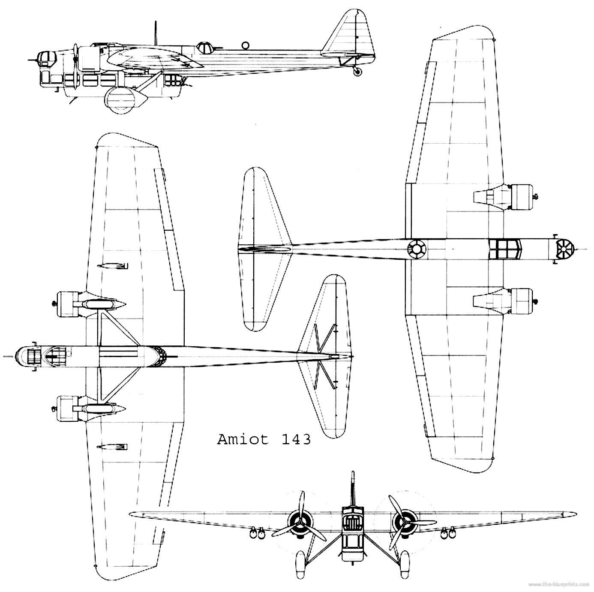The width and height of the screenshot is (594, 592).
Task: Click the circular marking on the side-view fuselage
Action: pos(245,45)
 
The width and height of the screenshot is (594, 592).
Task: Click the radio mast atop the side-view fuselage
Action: pos(156,33)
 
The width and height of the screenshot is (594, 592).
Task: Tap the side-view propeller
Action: pos(76,66)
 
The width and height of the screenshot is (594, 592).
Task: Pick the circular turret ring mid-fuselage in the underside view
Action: pos(416,248)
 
